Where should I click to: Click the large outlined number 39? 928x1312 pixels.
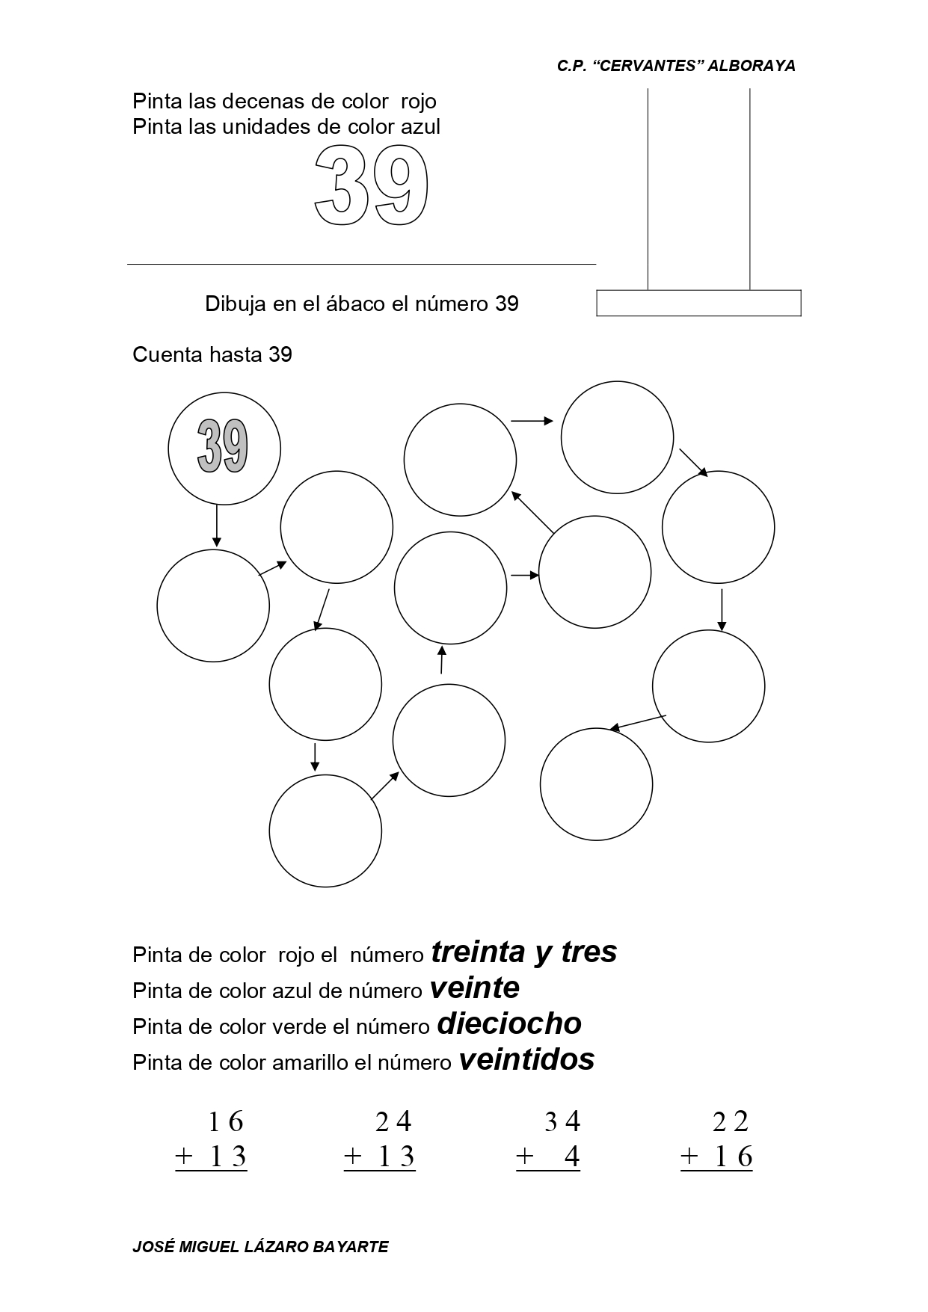tap(371, 185)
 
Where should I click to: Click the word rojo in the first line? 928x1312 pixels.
tap(419, 101)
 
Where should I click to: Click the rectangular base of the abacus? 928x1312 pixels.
tap(698, 303)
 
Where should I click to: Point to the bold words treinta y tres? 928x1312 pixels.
tap(524, 952)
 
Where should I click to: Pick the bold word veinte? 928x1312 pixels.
tap(475, 988)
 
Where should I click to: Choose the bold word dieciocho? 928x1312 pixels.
tap(509, 1023)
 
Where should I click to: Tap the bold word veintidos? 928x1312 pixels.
tap(526, 1059)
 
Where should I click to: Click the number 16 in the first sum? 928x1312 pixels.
tap(226, 1121)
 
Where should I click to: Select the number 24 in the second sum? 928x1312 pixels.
tap(393, 1121)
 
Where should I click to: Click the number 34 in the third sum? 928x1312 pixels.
tap(562, 1121)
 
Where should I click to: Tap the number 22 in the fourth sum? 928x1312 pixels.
tap(731, 1121)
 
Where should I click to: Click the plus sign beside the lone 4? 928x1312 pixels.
tap(525, 1157)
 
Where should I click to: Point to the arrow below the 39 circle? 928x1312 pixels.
tap(217, 526)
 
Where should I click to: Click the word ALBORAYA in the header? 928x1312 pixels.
tap(751, 66)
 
